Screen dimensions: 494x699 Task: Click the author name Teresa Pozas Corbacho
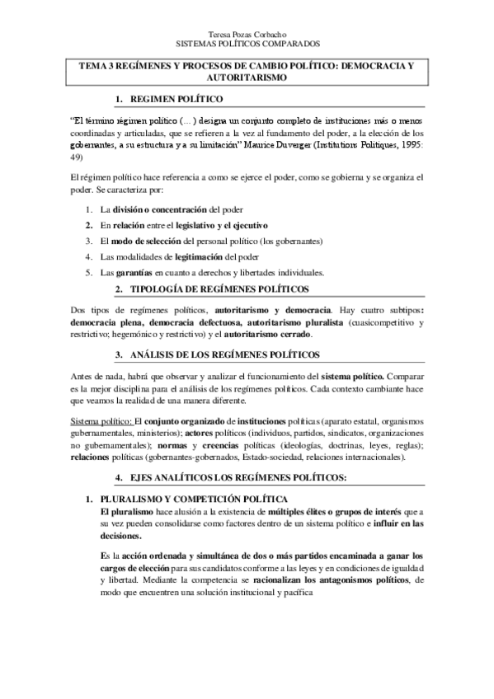coord(248,35)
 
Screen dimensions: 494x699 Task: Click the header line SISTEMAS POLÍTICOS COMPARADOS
coord(248,45)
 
